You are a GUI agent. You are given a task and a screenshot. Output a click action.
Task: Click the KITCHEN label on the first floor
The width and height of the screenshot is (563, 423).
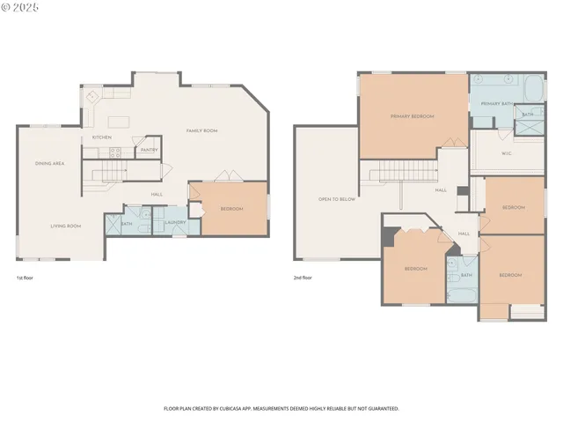[102, 137]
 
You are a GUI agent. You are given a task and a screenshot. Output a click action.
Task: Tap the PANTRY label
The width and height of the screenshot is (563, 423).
[149, 150]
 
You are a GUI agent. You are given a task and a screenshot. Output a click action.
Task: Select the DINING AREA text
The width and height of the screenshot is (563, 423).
[49, 164]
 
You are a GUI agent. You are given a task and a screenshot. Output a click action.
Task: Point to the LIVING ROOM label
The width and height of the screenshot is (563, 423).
[65, 226]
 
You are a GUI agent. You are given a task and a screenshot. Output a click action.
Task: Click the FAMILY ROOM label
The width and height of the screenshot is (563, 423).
[201, 130]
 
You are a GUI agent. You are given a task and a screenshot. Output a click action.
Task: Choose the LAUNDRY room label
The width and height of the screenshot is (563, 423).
[175, 222]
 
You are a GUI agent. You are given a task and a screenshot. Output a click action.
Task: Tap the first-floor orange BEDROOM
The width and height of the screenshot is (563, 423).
[231, 209]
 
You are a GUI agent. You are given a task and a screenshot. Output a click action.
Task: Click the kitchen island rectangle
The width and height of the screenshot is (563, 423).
[118, 121]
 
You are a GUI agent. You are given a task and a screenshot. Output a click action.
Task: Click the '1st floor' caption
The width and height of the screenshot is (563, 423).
[26, 278]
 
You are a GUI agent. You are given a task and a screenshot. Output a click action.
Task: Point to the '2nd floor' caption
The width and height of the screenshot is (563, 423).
[303, 278]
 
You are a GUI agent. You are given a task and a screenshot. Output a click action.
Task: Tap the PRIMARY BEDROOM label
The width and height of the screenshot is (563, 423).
[412, 116]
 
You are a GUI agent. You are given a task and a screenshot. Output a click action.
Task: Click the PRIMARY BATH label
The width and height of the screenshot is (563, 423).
[496, 104]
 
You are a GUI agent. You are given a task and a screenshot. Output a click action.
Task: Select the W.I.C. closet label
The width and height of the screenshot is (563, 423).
[507, 152]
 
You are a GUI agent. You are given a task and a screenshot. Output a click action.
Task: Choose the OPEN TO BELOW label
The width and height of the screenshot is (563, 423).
[337, 199]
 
